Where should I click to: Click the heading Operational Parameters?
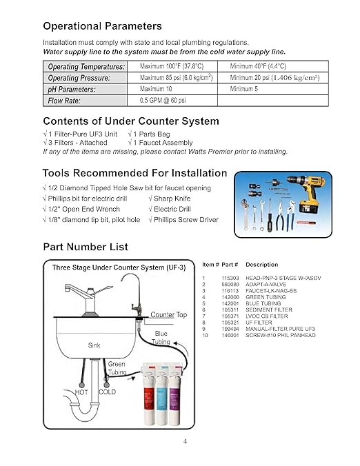tap(102, 26)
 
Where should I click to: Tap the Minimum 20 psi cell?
tap(274, 78)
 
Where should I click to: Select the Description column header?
tap(261, 265)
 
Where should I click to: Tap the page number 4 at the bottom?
tap(184, 442)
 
